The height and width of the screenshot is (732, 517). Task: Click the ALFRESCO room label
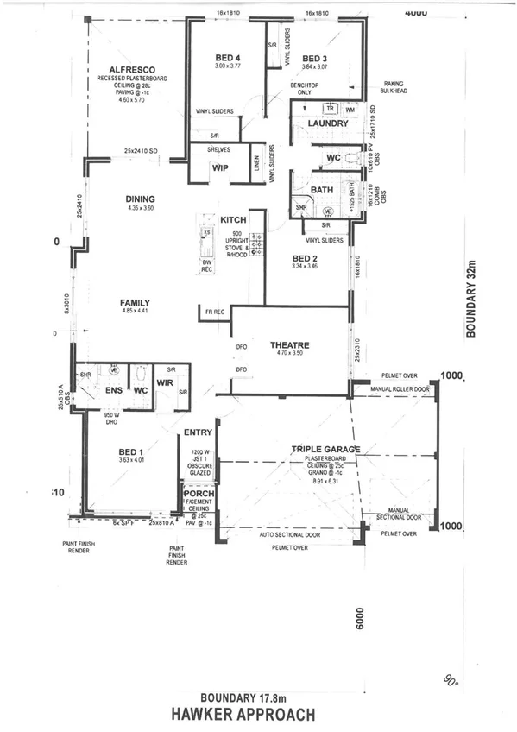click(131, 70)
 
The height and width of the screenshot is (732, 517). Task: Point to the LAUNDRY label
click(327, 123)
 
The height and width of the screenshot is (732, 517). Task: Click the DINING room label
click(139, 198)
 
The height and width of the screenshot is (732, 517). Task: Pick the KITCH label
click(234, 220)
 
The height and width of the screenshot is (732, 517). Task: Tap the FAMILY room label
click(136, 303)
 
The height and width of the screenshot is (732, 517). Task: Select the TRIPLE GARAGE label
click(325, 449)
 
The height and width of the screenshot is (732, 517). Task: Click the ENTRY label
click(199, 432)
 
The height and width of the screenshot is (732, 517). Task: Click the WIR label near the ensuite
click(166, 382)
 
